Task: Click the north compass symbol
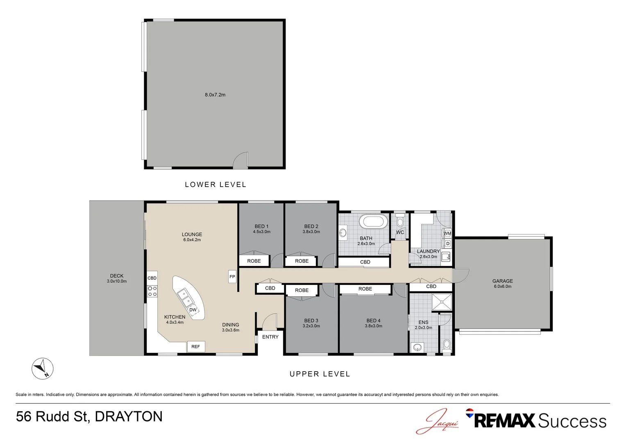coord(43,368)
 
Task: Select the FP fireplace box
coord(232,277)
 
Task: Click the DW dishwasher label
coord(193,310)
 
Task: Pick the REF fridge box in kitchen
coord(196,347)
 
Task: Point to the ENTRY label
coord(270,337)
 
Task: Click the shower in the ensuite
coord(442,302)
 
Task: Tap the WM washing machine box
coord(447,233)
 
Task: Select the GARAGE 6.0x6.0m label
coord(503,283)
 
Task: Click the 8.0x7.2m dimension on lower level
coord(215,95)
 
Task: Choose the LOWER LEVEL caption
coord(215,185)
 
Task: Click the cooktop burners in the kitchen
coord(152,291)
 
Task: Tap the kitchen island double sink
coord(186,298)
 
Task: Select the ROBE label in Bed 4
coord(365,289)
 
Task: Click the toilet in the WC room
coord(400,221)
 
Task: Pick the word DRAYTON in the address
coord(129,417)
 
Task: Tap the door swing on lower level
coord(241,160)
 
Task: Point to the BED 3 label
coord(311,321)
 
